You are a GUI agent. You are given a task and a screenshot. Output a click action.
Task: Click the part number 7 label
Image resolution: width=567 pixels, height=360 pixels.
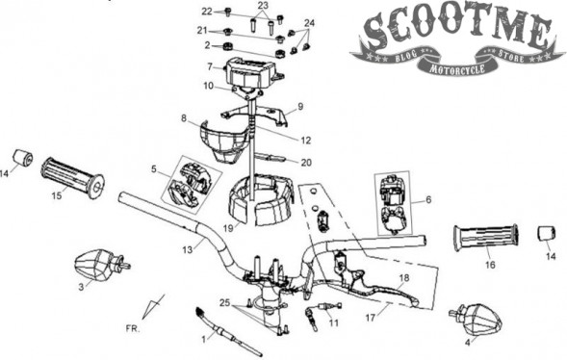[x=210, y=66]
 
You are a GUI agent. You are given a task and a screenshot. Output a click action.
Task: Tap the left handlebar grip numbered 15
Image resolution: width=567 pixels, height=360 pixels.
[x=73, y=177]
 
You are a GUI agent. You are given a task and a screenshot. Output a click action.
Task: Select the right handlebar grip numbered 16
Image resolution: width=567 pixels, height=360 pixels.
[x=485, y=238]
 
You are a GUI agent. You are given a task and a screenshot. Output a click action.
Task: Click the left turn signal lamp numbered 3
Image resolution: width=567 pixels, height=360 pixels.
[x=101, y=266]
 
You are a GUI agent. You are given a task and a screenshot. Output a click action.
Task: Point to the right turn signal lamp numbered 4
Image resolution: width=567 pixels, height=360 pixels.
[x=476, y=321]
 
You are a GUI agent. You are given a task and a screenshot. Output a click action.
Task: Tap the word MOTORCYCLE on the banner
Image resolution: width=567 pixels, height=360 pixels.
[x=457, y=69]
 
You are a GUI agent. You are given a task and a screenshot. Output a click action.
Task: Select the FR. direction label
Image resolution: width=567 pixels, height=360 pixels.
[x=132, y=329]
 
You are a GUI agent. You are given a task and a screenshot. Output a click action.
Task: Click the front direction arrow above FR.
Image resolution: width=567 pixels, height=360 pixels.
[x=153, y=306]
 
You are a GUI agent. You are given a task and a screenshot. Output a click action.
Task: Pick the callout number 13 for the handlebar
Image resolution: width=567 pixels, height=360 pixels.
[x=188, y=249]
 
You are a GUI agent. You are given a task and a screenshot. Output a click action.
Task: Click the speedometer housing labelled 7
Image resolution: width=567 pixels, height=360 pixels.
[x=253, y=71]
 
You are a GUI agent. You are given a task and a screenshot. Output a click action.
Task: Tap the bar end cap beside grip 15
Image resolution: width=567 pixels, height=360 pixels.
[x=23, y=158]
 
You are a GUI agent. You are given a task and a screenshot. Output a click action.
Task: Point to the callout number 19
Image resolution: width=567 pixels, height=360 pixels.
[x=228, y=228]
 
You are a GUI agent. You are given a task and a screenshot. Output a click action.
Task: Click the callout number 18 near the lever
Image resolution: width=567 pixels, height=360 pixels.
[x=404, y=277]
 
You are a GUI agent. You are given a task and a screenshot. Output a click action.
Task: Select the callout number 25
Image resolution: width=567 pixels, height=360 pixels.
[x=224, y=302]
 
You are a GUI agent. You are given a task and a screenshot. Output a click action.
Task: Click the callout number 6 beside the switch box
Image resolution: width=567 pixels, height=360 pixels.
[x=428, y=199]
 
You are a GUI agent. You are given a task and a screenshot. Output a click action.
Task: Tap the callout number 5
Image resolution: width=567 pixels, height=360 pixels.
[x=154, y=168]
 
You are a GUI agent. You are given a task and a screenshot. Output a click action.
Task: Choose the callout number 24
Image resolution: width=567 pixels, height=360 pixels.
[x=310, y=23]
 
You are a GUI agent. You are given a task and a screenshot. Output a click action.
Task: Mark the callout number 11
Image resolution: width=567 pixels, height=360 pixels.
[x=333, y=322]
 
